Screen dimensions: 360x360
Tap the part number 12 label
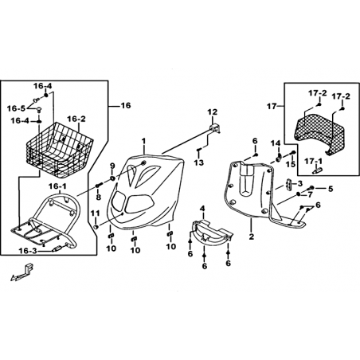[x=212, y=112]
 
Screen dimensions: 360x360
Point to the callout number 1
[x=143, y=141]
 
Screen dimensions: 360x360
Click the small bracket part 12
[x=216, y=128]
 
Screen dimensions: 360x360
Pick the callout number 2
[x=252, y=237]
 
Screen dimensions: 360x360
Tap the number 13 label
[x=198, y=162]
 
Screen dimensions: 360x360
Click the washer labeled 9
[x=112, y=178]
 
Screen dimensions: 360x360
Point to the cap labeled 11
[x=96, y=227]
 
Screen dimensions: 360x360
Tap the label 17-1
[x=314, y=161]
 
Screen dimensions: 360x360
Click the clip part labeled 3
[x=288, y=184]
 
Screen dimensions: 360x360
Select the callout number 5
[x=331, y=189]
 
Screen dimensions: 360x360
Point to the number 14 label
[x=276, y=143]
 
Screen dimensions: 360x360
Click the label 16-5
[x=16, y=108]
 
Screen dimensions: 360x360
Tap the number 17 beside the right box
[x=272, y=107]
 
